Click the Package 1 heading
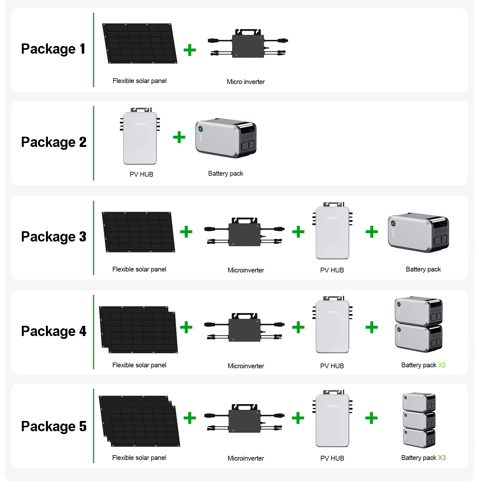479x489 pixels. click(53, 49)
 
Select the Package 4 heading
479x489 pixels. click(54, 331)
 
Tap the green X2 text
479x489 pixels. click(442, 365)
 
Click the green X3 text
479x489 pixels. click(442, 458)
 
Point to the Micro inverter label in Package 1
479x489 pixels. click(246, 82)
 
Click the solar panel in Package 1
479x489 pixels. click(140, 43)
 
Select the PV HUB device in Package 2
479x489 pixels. click(140, 137)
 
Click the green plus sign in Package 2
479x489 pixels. click(179, 137)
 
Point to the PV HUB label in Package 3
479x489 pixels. click(332, 270)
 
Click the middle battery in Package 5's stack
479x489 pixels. click(419, 420)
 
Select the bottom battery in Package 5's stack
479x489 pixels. click(419, 438)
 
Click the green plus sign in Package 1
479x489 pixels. click(190, 50)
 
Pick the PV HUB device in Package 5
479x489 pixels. click(332, 420)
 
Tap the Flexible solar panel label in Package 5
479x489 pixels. click(139, 458)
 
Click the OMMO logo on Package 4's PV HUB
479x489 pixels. click(333, 312)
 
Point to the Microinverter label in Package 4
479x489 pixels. click(246, 366)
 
